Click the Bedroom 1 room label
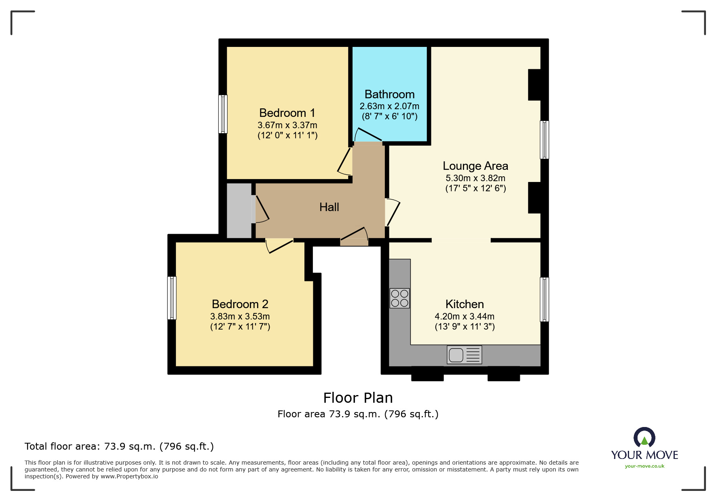click(x=287, y=113)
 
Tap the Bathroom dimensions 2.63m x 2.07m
click(x=389, y=106)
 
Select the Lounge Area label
click(x=475, y=166)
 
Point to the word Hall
click(x=329, y=207)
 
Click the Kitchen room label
click(x=465, y=304)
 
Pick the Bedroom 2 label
click(x=240, y=304)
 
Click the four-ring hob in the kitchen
click(x=399, y=298)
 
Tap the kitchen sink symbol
click(x=464, y=355)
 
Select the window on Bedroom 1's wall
click(x=223, y=114)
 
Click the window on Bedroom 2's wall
click(x=172, y=298)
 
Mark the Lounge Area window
click(x=545, y=140)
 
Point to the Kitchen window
click(x=545, y=299)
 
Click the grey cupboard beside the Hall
click(x=239, y=211)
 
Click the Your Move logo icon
click(x=644, y=438)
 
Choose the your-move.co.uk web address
click(x=644, y=466)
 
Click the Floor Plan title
click(x=358, y=398)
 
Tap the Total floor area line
click(x=119, y=446)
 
